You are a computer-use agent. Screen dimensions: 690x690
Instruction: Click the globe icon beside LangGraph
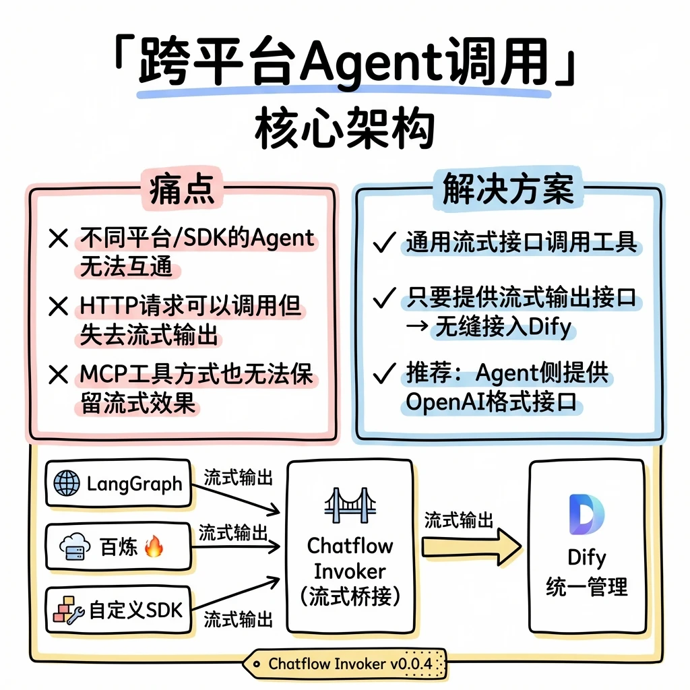click(67, 482)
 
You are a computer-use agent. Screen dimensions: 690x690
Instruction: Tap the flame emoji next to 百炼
click(154, 546)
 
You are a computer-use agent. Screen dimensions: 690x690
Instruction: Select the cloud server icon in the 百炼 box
click(75, 546)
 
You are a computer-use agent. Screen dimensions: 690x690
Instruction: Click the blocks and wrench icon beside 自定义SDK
click(69, 610)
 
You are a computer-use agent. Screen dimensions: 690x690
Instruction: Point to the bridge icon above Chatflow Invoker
click(350, 505)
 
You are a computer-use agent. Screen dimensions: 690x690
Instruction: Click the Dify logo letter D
click(586, 514)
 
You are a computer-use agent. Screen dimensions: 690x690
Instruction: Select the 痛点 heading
click(182, 189)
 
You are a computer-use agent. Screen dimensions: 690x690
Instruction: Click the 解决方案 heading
click(508, 189)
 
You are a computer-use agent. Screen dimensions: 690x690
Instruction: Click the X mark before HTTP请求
click(59, 306)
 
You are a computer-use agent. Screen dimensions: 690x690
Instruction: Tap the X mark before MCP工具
click(59, 375)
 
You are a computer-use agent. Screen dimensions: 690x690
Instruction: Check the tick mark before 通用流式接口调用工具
click(384, 242)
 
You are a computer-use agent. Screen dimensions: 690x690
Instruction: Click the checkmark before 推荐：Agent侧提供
click(384, 373)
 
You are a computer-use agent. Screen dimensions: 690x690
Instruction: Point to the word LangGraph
click(134, 484)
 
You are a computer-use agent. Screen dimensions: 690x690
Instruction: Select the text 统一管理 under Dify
click(587, 587)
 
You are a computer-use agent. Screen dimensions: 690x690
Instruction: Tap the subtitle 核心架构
click(344, 129)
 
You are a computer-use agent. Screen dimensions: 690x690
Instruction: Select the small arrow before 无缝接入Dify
click(416, 326)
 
